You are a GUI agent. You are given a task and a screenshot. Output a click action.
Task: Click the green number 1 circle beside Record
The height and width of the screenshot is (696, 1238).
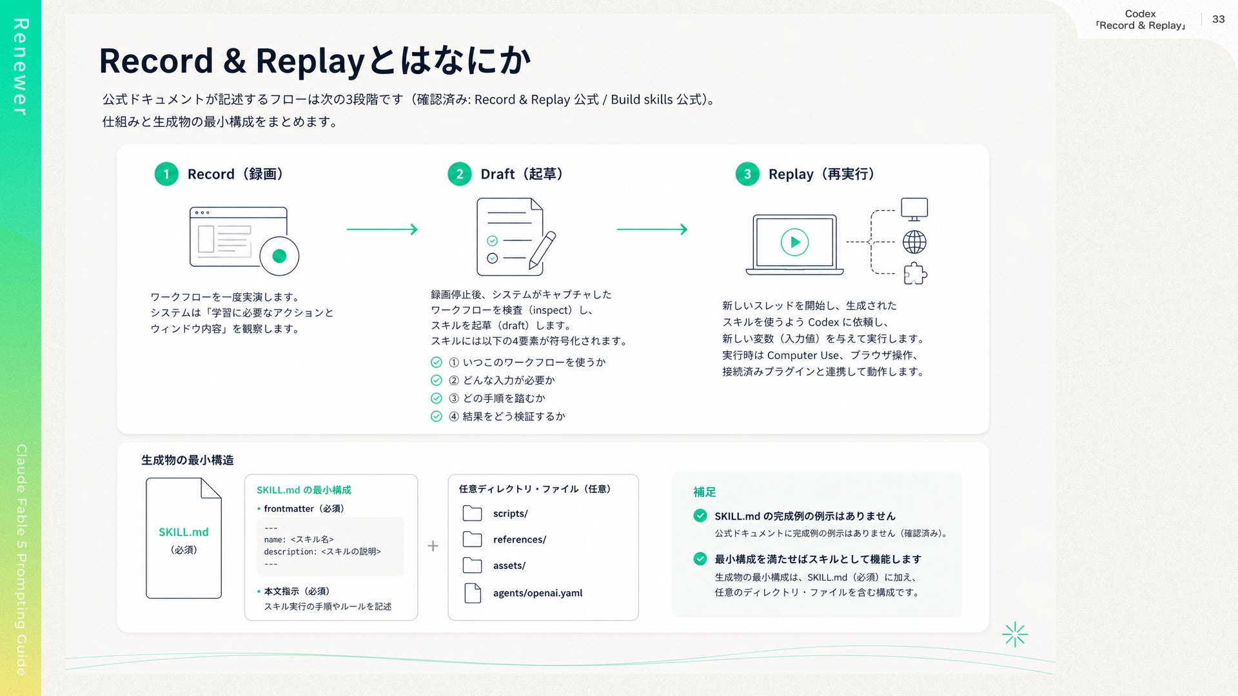pyautogui.click(x=166, y=174)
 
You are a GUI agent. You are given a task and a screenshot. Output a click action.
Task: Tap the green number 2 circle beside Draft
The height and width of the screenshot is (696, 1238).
pyautogui.click(x=460, y=174)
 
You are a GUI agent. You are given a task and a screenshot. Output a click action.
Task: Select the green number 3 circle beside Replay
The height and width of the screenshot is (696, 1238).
pyautogui.click(x=747, y=174)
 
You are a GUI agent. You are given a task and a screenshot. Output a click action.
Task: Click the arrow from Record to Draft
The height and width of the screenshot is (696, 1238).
pyautogui.click(x=382, y=229)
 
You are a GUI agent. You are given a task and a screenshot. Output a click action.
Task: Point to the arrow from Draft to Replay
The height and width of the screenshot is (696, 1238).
pyautogui.click(x=653, y=229)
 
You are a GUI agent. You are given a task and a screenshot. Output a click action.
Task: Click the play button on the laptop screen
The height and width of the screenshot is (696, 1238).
pyautogui.click(x=794, y=242)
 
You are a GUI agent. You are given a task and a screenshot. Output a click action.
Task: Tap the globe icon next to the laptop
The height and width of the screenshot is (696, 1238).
pyautogui.click(x=914, y=242)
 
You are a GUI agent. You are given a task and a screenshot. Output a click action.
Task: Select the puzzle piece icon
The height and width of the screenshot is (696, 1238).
pyautogui.click(x=915, y=274)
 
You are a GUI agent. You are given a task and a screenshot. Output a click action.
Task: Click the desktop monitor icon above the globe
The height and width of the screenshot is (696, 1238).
pyautogui.click(x=914, y=209)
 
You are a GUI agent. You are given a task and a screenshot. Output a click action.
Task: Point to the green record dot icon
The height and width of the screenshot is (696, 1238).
pyautogui.click(x=279, y=256)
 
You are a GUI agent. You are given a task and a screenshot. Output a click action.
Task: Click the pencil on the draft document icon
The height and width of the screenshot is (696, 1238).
pyautogui.click(x=542, y=251)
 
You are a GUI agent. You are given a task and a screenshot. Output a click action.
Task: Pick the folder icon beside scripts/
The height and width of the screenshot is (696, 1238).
pyautogui.click(x=473, y=514)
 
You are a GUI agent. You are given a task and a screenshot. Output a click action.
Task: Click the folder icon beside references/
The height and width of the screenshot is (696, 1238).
pyautogui.click(x=473, y=539)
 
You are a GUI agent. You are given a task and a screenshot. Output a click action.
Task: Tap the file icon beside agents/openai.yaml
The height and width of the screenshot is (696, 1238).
pyautogui.click(x=473, y=593)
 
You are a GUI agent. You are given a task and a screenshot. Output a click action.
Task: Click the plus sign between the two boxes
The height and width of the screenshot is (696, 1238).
pyautogui.click(x=433, y=546)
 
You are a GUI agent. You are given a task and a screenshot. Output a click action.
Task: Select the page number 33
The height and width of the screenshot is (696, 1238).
pyautogui.click(x=1218, y=19)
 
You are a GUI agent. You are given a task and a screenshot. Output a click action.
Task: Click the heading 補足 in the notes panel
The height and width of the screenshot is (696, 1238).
pyautogui.click(x=704, y=492)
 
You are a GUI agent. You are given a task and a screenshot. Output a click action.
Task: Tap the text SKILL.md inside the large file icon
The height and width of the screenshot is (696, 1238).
pyautogui.click(x=184, y=532)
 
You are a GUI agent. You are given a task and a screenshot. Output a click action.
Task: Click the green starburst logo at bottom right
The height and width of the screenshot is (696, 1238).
pyautogui.click(x=1015, y=635)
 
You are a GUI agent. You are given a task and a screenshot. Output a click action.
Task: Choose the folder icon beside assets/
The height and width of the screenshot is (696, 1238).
pyautogui.click(x=473, y=565)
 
